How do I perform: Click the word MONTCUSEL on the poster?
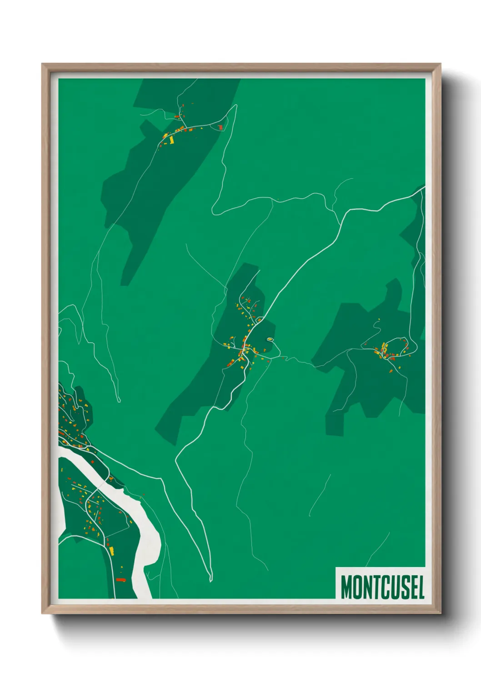click(382, 587)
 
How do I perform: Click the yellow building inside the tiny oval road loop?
click(270, 339)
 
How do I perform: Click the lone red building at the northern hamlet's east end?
click(221, 127)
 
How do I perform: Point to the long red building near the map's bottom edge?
click(120, 580)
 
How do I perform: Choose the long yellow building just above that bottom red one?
click(111, 551)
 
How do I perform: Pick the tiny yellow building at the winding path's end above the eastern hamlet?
click(378, 319)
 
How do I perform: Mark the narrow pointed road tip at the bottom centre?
click(210, 580)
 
